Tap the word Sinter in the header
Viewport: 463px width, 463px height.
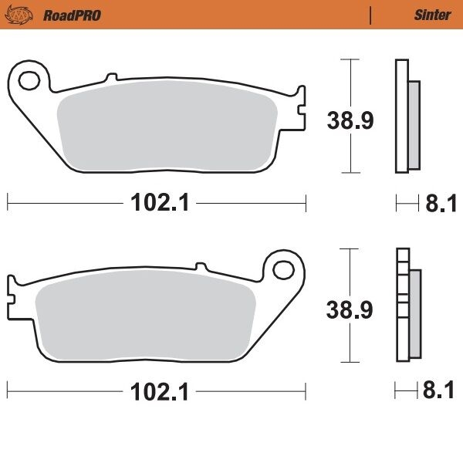tap(428, 15)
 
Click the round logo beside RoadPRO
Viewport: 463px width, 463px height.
tap(26, 14)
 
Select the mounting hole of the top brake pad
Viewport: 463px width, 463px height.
tap(29, 79)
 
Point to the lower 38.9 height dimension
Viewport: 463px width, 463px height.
tap(349, 309)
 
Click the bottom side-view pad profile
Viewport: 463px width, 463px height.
tap(403, 306)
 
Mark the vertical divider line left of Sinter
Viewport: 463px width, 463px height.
tap(371, 15)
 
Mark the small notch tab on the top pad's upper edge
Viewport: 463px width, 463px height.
tap(112, 78)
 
